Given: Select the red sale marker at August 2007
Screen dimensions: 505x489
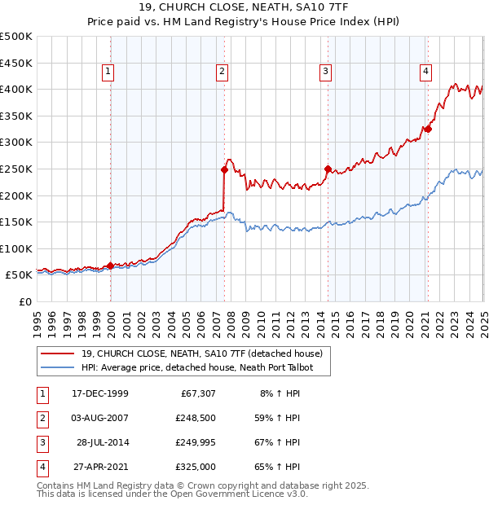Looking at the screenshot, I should pos(224,169).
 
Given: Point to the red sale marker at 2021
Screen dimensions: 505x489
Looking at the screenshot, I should pos(428,129).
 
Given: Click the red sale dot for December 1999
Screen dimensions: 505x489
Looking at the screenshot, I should pos(111,266).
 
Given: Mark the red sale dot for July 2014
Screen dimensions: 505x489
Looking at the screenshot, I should pos(328,169).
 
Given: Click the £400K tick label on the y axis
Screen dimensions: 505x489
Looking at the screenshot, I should pos(16,89).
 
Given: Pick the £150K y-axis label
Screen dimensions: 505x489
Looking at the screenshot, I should pos(16,222).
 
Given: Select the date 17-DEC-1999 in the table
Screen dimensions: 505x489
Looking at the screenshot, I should pos(100,393).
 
